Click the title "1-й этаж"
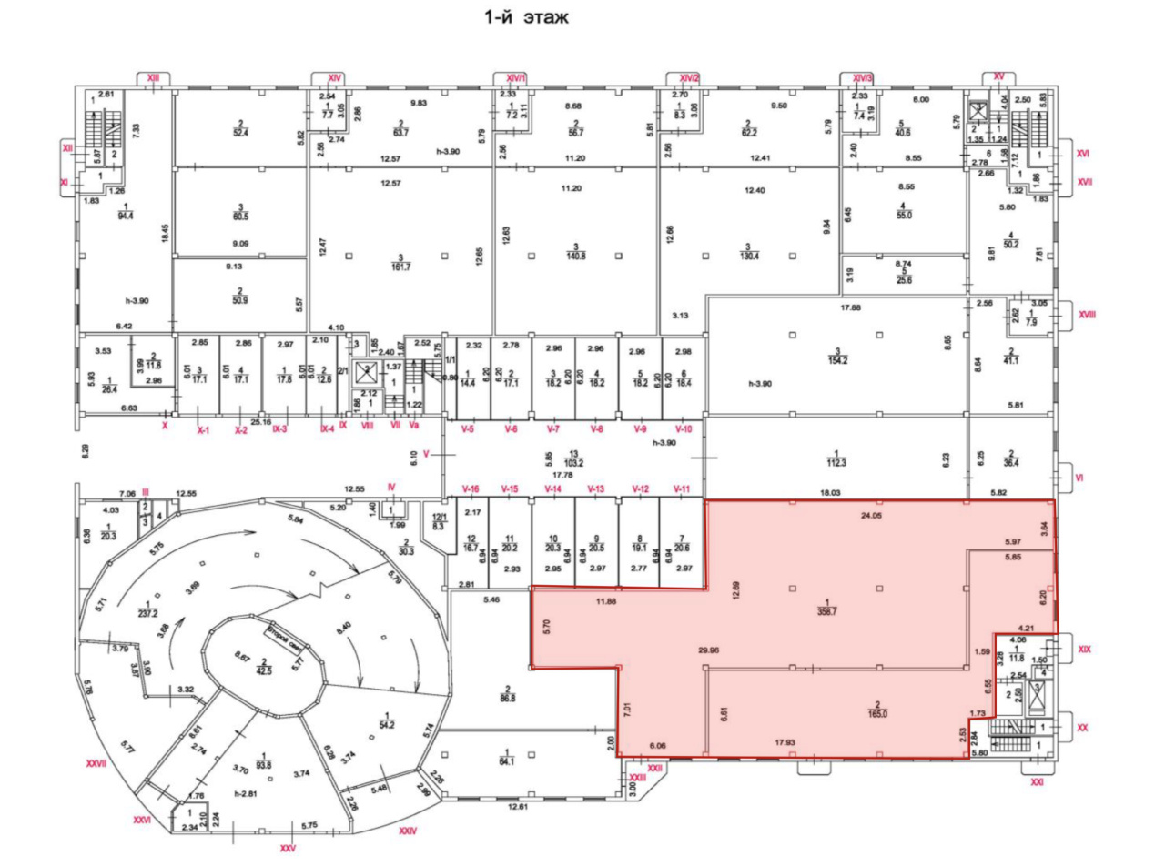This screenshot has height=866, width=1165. pos(526,17)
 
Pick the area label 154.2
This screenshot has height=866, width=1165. pos(836,358)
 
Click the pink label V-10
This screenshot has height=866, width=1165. pos(684,428)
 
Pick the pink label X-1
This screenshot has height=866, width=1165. pos(203,430)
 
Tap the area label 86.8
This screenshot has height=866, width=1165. pos(508,698)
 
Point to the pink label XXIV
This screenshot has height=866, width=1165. pos(407,831)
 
